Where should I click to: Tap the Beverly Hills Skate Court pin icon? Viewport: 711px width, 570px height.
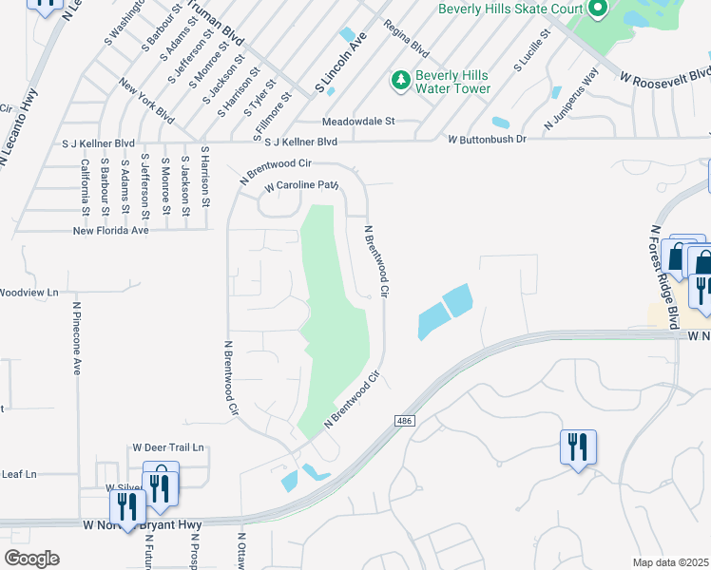click(x=597, y=9)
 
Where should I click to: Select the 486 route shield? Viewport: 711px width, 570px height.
click(x=402, y=419)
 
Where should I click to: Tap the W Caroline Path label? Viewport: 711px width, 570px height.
click(x=301, y=186)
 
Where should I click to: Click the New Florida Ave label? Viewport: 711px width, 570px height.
click(x=111, y=230)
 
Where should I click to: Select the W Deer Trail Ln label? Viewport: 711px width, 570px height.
click(x=168, y=446)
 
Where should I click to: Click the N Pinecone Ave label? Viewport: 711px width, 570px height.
click(x=77, y=338)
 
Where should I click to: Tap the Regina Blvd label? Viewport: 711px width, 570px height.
click(x=406, y=39)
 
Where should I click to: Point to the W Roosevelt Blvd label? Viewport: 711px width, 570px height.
click(x=664, y=75)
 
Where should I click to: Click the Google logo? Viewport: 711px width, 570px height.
click(x=30, y=559)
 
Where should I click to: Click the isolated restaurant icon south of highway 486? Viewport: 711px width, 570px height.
click(x=578, y=446)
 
